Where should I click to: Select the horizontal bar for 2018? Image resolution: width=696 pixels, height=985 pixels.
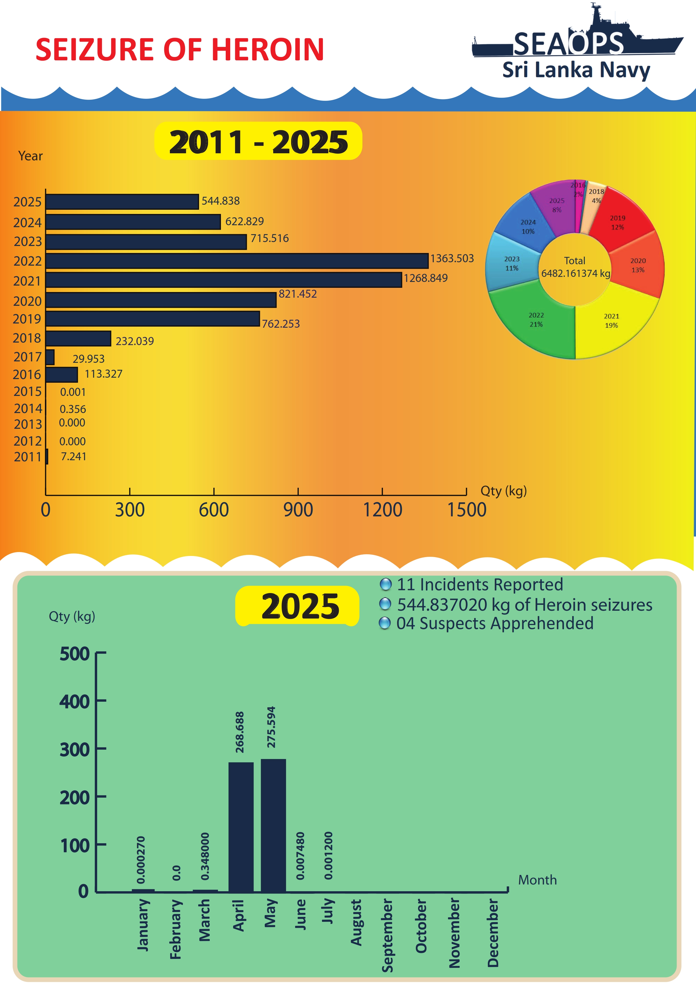point(79,338)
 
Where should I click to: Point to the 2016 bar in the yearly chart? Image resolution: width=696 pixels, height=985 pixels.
point(62,375)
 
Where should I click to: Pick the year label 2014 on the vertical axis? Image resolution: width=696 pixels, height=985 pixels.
point(28,409)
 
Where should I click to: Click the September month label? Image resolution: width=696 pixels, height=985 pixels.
point(387,935)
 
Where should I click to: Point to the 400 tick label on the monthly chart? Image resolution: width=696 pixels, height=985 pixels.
point(75,702)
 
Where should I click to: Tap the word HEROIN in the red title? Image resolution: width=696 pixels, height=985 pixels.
point(268,50)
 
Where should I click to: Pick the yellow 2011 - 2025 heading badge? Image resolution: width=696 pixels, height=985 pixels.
point(258,141)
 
